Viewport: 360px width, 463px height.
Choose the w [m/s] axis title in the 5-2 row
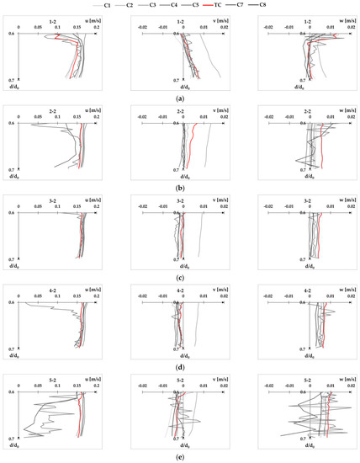tap(342, 381)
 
